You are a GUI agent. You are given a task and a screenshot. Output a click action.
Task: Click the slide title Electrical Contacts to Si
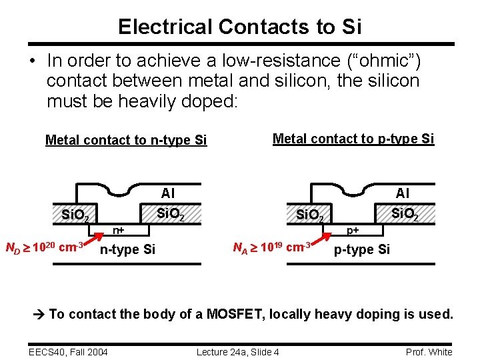pos(240,27)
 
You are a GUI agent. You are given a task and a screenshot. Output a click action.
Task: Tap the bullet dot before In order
pos(32,61)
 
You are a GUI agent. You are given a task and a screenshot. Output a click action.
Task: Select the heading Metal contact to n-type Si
pos(126,140)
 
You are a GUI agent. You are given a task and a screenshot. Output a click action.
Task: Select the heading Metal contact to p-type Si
pos(353,139)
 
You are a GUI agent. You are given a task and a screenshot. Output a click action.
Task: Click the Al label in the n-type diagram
pos(168,193)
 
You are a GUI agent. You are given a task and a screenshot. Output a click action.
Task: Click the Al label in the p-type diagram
pos(403,193)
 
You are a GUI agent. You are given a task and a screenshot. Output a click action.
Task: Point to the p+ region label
pos(352,231)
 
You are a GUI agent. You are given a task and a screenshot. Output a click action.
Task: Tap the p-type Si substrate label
pos(362,250)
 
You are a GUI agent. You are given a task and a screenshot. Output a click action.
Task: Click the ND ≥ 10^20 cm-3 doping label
pos(44,247)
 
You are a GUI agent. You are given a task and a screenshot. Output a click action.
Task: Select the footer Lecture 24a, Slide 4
pos(238,352)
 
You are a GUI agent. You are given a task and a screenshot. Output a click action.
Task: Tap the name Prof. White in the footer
pos(429,352)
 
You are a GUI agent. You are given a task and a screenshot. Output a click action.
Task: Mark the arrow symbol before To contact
pos(39,314)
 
